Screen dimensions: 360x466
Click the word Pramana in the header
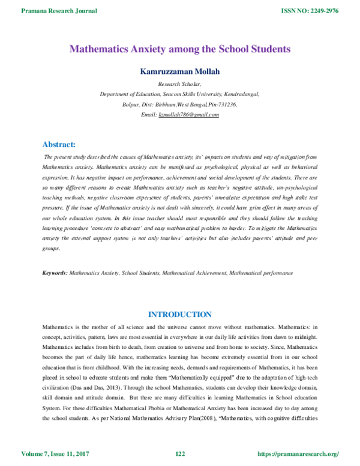[32, 11]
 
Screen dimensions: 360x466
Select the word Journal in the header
[85, 11]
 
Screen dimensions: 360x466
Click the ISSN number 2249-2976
[325, 11]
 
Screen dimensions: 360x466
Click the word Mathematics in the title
[98, 49]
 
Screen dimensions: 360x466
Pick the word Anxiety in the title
[151, 49]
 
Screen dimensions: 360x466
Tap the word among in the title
[188, 49]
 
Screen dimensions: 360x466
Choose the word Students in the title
[272, 49]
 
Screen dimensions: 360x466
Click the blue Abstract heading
[59, 144]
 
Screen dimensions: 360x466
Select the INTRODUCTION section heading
[180, 314]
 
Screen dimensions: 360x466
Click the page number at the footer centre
[180, 453]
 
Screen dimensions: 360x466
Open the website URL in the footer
[298, 453]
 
